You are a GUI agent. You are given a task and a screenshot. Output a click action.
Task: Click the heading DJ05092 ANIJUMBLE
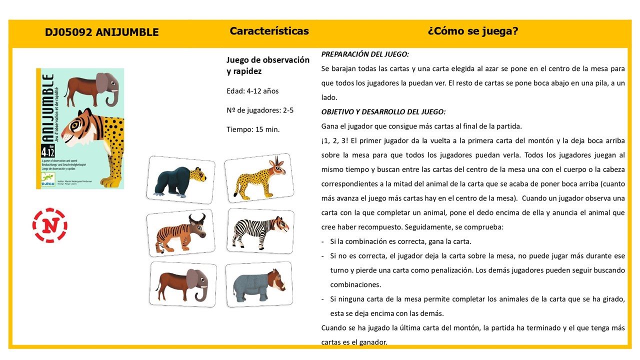pos(101,32)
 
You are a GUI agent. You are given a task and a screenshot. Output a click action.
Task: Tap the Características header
pos(269,31)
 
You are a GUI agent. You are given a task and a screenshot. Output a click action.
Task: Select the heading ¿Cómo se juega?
pos(472,31)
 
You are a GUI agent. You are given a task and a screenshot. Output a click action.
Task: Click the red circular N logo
pos(49,225)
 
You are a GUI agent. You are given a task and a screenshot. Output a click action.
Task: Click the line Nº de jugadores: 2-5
pos(260,110)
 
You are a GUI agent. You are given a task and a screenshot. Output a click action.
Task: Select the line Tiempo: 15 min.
pos(253,129)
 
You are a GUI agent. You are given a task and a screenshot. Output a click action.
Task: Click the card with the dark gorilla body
pos(181,179)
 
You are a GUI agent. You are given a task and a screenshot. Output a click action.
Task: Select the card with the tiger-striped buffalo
pos(180,232)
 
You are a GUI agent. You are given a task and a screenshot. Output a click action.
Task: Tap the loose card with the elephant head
pos(183,283)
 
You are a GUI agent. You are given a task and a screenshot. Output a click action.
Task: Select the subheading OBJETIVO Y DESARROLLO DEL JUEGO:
pos(383,111)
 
